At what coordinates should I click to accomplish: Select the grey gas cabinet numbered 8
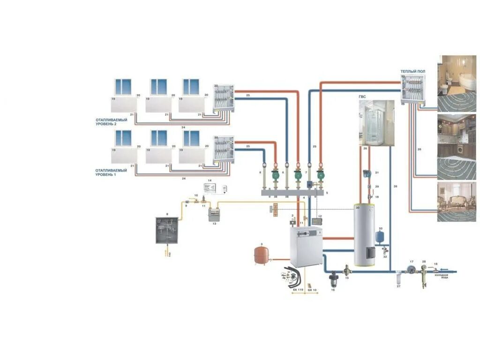pyautogui.click(x=166, y=230)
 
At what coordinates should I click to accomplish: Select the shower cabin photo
pyautogui.click(x=376, y=123)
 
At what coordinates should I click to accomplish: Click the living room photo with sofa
pyautogui.click(x=456, y=202)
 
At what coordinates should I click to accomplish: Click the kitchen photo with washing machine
pyautogui.click(x=457, y=136)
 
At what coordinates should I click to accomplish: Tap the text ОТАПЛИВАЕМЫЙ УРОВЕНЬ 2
pyautogui.click(x=112, y=121)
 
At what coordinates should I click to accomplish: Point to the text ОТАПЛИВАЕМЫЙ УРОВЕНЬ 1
pyautogui.click(x=112, y=172)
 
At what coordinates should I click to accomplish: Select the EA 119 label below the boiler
pyautogui.click(x=298, y=290)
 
